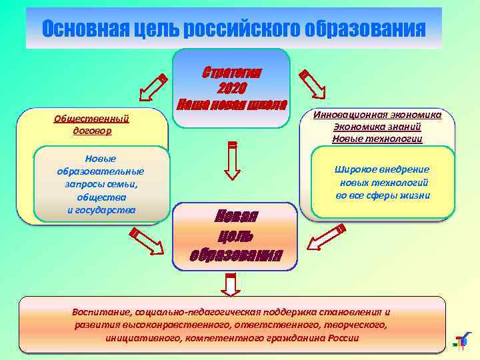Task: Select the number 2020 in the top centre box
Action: [231, 88]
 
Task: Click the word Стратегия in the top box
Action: [231, 72]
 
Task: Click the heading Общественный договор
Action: [91, 125]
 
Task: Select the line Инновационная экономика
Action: [377, 114]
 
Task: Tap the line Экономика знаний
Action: [377, 127]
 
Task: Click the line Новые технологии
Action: [377, 139]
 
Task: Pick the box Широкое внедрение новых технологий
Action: [383, 182]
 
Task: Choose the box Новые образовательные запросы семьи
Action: [101, 184]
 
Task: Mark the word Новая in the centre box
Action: [235, 217]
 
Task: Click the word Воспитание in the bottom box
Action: [101, 311]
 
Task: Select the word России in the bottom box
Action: [343, 337]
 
